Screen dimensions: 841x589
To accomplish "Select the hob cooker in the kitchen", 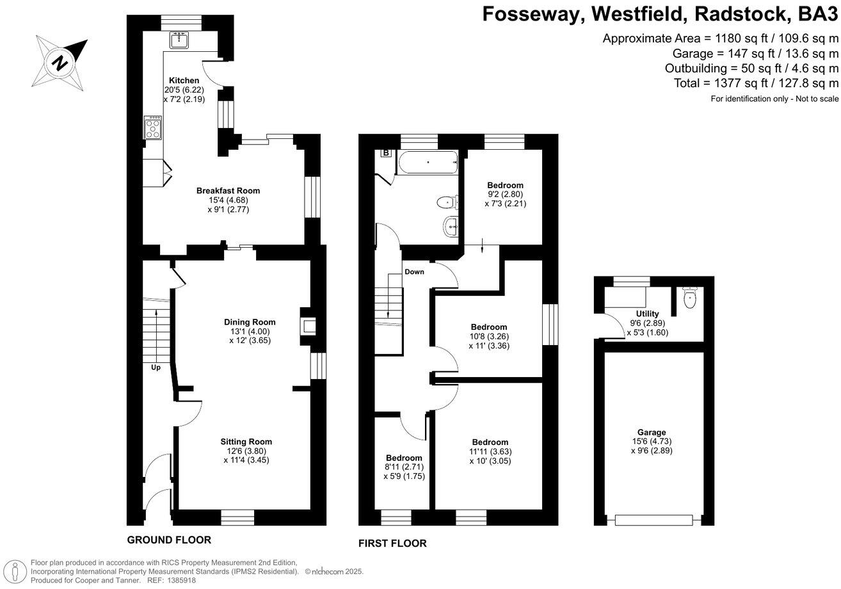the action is click(154, 127).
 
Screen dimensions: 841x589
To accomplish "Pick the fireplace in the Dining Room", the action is click(308, 327).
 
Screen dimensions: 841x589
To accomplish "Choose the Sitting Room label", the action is click(246, 442).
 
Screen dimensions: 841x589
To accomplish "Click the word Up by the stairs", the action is click(156, 367).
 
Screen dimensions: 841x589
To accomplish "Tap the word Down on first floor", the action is click(414, 271).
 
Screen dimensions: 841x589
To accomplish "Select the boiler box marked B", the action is click(386, 153).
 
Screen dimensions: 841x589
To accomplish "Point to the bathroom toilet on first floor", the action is click(447, 202).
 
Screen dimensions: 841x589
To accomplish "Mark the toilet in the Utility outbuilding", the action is click(689, 299).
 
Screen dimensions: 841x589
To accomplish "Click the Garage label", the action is click(652, 432).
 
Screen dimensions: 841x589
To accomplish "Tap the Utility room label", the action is click(647, 314).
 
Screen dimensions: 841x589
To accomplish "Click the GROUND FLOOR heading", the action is click(169, 540).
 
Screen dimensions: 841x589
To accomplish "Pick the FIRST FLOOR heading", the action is click(392, 544).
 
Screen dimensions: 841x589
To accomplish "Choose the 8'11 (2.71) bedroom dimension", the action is click(404, 467).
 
